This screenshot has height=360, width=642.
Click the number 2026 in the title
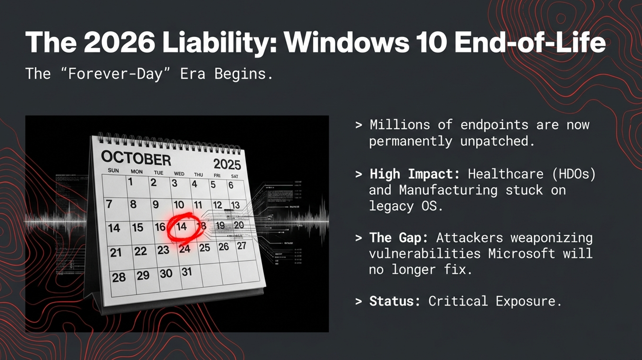tap(119, 42)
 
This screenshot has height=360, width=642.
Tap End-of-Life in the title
tap(530, 42)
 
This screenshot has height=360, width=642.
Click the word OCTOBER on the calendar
tap(136, 158)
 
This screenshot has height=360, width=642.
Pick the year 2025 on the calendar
tap(227, 164)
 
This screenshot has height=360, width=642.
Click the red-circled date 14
tap(182, 226)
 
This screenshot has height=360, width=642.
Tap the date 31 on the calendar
tap(187, 272)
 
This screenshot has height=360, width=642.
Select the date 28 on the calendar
tap(118, 278)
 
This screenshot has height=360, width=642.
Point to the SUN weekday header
tap(113, 170)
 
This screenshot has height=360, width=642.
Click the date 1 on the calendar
tap(130, 182)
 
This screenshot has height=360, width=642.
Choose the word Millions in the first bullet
tap(400, 125)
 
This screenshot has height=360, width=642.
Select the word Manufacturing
tap(448, 190)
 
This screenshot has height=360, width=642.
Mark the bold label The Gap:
tap(399, 238)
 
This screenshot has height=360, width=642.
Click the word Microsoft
tap(522, 254)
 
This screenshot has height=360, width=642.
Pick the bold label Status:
tap(395, 301)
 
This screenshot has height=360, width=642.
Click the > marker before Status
tap(359, 301)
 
